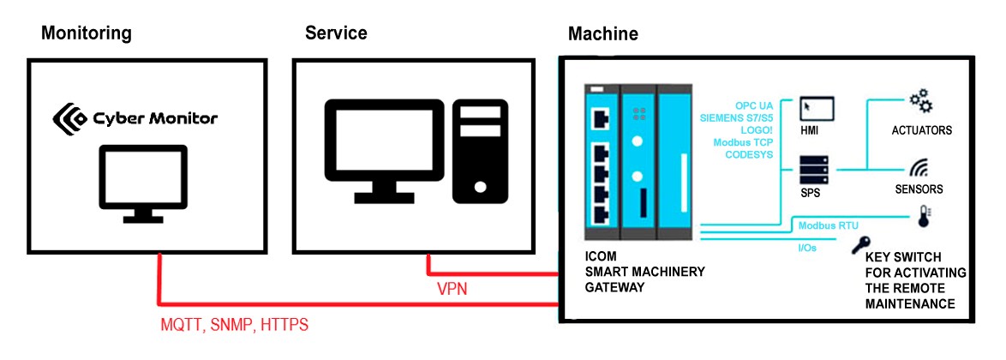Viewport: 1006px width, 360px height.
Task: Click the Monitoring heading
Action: (87, 33)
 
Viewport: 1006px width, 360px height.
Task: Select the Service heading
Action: (336, 33)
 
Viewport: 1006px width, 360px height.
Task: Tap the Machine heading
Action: (602, 34)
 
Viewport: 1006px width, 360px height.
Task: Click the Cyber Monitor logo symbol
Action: (69, 117)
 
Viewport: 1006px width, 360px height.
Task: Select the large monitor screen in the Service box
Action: (383, 148)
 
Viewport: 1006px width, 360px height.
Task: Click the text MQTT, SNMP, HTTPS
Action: (234, 326)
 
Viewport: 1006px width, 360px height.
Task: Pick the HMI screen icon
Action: (816, 108)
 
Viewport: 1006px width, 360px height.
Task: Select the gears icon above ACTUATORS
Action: (921, 104)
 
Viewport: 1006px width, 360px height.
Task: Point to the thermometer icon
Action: (925, 218)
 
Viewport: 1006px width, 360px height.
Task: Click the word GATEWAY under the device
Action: (614, 287)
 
